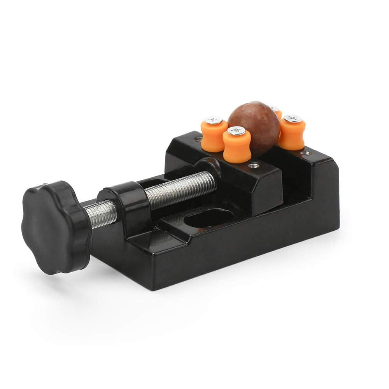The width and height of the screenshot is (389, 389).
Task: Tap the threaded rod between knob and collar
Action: pyautogui.click(x=100, y=213)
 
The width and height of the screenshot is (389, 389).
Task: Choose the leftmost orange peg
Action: pyautogui.click(x=214, y=134)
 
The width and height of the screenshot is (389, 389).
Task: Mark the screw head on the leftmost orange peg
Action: pyautogui.click(x=214, y=121)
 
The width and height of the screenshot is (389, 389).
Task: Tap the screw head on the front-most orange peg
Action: pyautogui.click(x=237, y=131)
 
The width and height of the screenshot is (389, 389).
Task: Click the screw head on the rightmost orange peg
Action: pyautogui.click(x=293, y=118)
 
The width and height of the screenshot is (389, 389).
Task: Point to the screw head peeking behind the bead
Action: pyautogui.click(x=274, y=109)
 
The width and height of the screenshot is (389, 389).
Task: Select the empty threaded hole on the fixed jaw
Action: pyautogui.click(x=306, y=153)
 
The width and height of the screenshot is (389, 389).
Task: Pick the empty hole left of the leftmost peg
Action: pyautogui.click(x=198, y=139)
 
